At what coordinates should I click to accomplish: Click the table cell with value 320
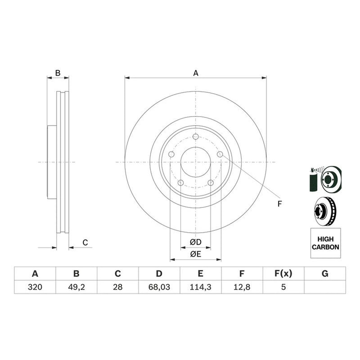click(x=35, y=287)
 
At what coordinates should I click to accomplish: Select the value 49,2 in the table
click(x=76, y=287)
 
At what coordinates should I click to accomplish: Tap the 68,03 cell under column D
click(x=159, y=287)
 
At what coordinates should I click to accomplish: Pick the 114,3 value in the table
click(x=200, y=287)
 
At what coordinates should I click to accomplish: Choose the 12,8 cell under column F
click(x=242, y=287)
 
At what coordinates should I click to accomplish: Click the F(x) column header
click(x=283, y=274)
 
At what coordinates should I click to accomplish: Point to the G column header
click(x=325, y=274)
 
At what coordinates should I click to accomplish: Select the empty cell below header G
click(x=325, y=287)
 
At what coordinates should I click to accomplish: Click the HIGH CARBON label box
click(x=325, y=243)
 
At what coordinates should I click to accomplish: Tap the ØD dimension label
click(x=196, y=242)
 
